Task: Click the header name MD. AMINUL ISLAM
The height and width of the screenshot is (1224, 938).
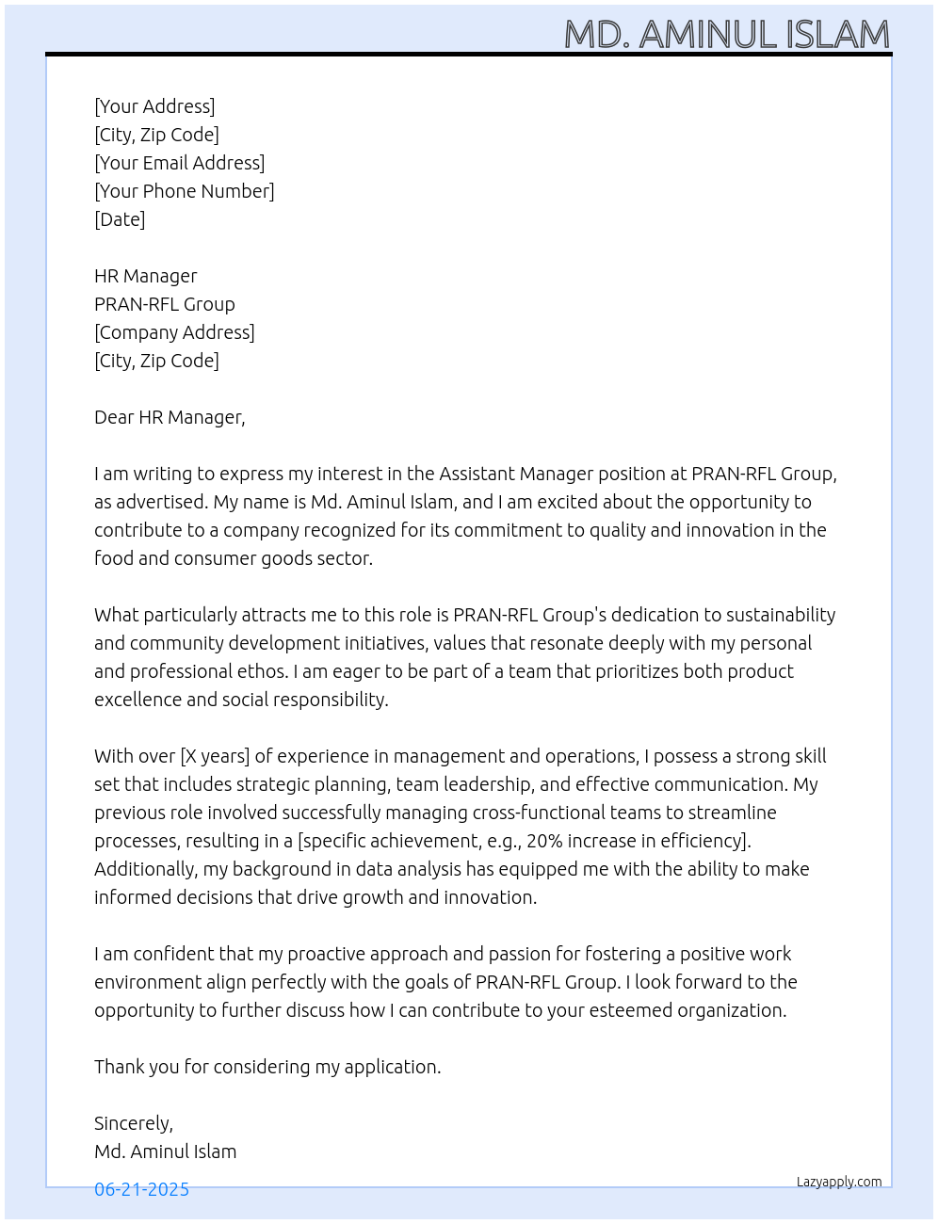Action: (726, 35)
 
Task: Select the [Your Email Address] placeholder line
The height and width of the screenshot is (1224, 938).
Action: (179, 163)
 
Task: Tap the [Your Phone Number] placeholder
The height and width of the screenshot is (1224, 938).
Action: (184, 191)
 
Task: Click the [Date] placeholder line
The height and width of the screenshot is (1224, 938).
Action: (120, 219)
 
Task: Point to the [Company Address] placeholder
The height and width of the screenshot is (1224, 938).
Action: (174, 332)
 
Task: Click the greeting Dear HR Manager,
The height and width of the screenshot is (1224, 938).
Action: (170, 417)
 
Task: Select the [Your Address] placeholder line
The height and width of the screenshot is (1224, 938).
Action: (154, 106)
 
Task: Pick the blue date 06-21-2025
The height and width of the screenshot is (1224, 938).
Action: (141, 1189)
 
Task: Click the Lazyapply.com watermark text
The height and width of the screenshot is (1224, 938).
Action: (838, 1182)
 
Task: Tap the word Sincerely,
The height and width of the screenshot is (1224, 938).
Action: (133, 1123)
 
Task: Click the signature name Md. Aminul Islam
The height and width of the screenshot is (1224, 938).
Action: (165, 1152)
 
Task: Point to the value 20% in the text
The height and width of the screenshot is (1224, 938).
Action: (544, 841)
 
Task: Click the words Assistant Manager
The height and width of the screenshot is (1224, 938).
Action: (516, 474)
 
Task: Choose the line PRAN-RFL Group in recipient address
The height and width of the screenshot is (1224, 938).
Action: (164, 304)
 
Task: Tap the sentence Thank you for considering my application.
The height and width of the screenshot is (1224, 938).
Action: (267, 1067)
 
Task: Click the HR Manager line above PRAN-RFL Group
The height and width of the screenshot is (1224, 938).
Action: (145, 276)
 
